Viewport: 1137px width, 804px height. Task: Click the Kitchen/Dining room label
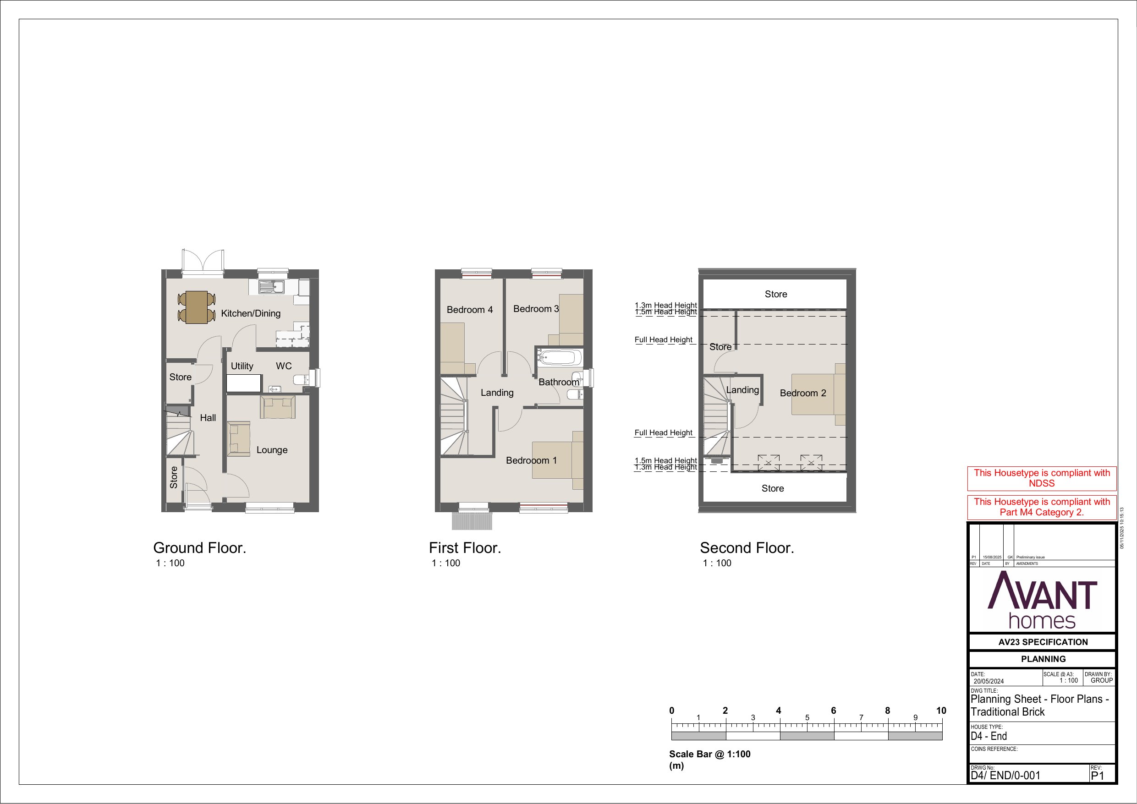coord(251,313)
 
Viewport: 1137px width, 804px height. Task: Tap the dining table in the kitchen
coord(197,307)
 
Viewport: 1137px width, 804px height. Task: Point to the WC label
coord(284,366)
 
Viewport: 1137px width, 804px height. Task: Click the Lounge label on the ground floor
coord(272,450)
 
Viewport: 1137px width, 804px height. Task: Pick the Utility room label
coord(242,366)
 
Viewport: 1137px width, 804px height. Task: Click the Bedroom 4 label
coord(469,310)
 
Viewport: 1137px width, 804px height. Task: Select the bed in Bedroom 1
coord(558,459)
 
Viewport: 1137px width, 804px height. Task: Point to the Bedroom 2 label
coord(803,393)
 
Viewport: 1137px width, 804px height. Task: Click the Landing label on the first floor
coord(497,393)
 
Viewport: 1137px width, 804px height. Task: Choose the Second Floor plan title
coord(747,548)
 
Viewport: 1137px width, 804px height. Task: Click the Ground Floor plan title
coord(199,548)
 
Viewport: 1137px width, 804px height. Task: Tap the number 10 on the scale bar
coord(941,711)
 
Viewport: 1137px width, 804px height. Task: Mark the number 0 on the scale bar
coord(671,711)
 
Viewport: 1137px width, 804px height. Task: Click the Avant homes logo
coord(1043,600)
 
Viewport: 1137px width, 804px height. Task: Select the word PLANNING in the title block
coord(1044,659)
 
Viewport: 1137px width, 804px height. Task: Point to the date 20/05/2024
coord(989,681)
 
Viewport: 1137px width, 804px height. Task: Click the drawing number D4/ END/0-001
coord(1005,776)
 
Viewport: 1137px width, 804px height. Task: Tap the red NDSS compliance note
coord(1042,478)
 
